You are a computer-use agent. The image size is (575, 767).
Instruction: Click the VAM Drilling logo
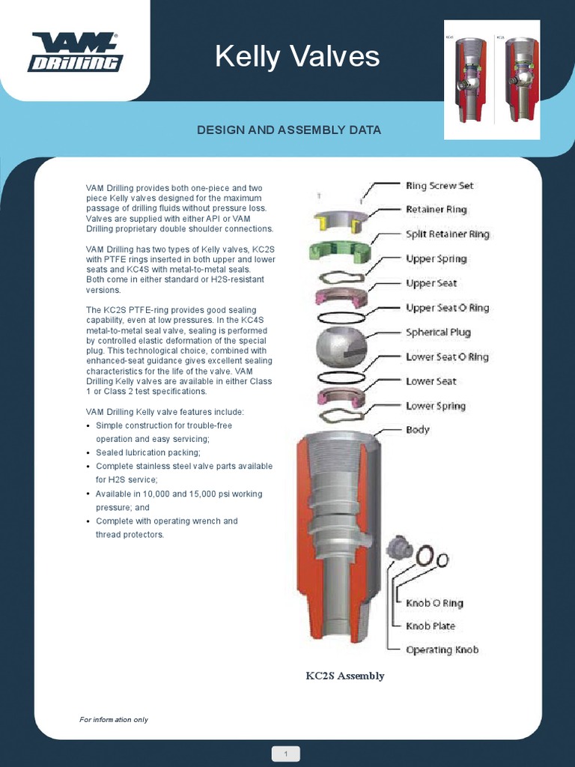tap(75, 52)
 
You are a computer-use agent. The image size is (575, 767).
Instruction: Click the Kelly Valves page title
tap(297, 56)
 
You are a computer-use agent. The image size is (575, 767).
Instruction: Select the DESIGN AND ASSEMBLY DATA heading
tap(288, 130)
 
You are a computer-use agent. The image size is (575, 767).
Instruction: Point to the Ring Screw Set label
tap(439, 185)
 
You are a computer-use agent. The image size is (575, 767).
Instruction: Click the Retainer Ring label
tap(436, 210)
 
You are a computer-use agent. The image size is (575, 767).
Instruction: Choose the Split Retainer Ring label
tap(447, 234)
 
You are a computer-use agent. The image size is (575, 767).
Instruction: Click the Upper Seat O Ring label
tap(448, 308)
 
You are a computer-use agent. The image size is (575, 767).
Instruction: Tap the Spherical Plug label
tap(438, 333)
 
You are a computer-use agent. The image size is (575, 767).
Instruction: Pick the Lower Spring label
tap(435, 406)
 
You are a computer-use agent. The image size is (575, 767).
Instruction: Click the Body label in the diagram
tap(417, 430)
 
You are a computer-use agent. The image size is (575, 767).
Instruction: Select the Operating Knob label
tap(442, 649)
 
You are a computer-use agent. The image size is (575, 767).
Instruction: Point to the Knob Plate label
tap(430, 626)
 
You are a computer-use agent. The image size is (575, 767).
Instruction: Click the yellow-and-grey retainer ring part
tap(338, 220)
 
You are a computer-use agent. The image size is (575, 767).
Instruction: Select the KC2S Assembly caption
tap(344, 676)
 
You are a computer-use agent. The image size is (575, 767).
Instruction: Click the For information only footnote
tap(114, 720)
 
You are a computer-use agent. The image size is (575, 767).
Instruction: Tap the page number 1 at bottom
tap(286, 753)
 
